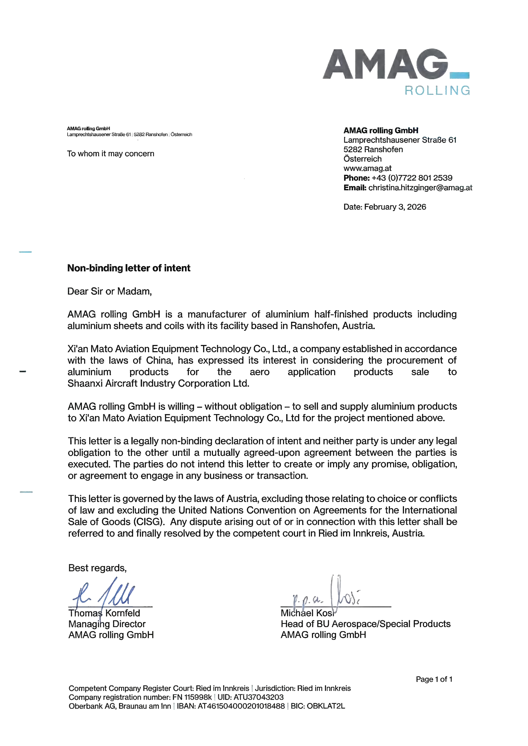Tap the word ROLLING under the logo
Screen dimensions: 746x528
437,91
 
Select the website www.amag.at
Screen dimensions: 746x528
367,168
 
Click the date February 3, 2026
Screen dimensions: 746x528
395,207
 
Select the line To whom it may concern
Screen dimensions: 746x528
111,154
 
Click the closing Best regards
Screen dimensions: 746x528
97,568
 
